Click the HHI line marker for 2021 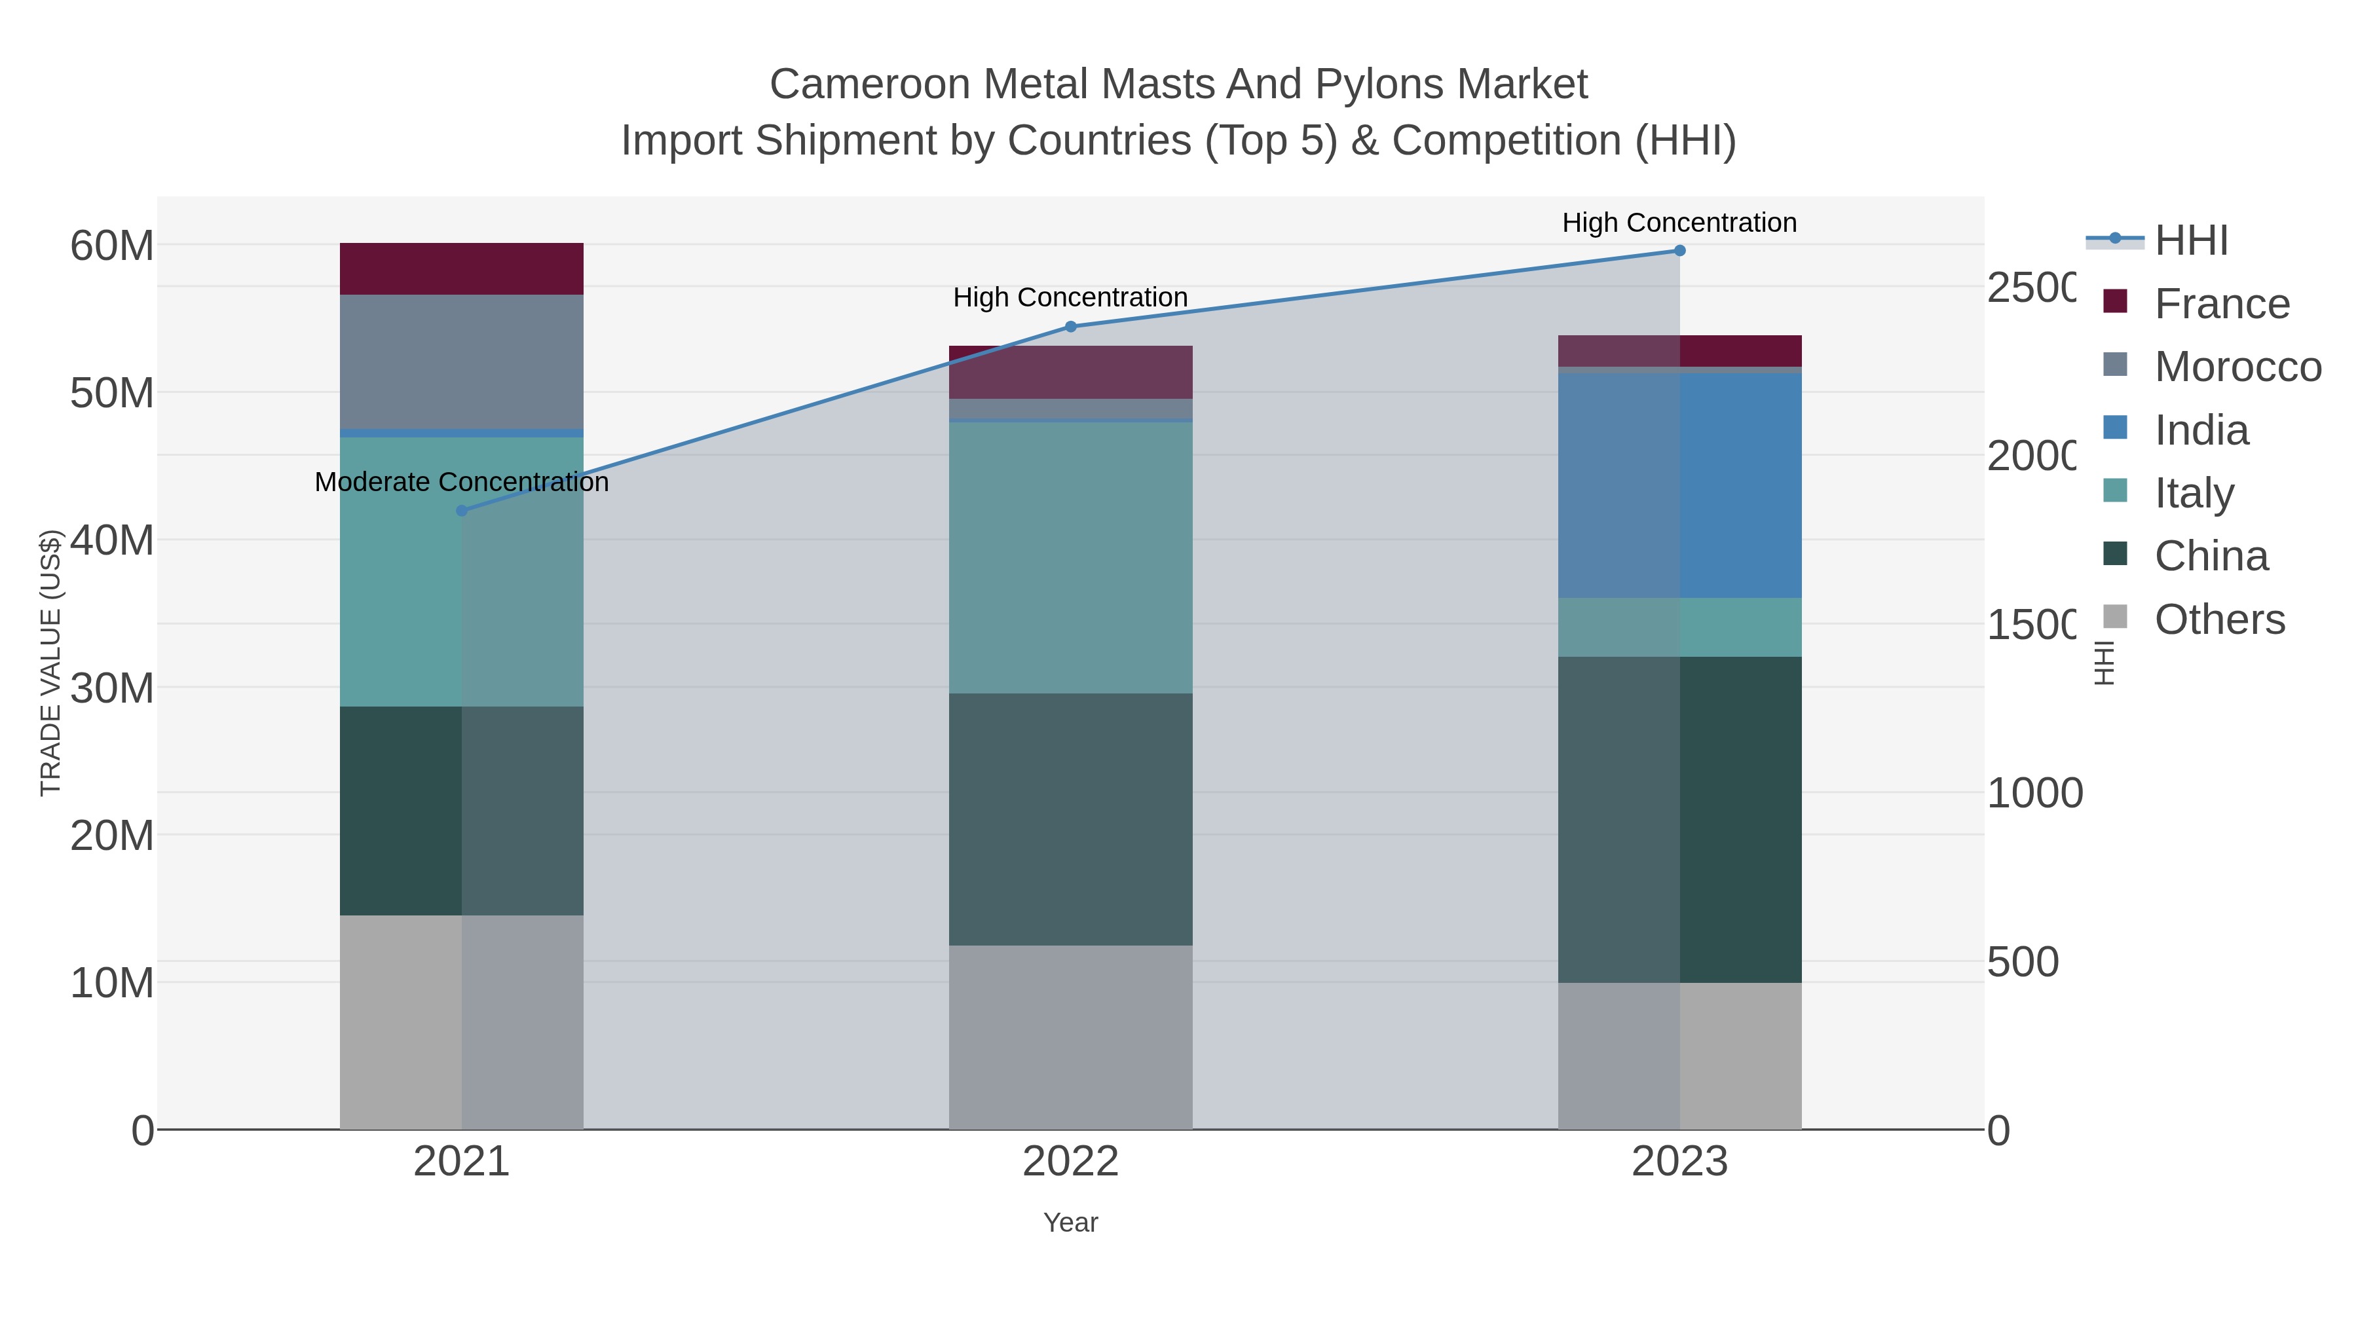click(x=461, y=511)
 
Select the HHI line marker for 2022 click(x=1070, y=327)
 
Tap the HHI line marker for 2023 click(x=1679, y=251)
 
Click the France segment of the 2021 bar click(x=461, y=269)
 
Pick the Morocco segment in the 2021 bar click(x=461, y=361)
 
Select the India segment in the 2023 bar click(x=1679, y=485)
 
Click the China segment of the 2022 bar click(x=1070, y=819)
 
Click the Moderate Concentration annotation click(x=461, y=482)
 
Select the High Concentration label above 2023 click(x=1679, y=223)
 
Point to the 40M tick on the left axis click(x=111, y=541)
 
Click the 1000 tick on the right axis click(x=2034, y=794)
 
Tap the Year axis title click(x=1070, y=1223)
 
